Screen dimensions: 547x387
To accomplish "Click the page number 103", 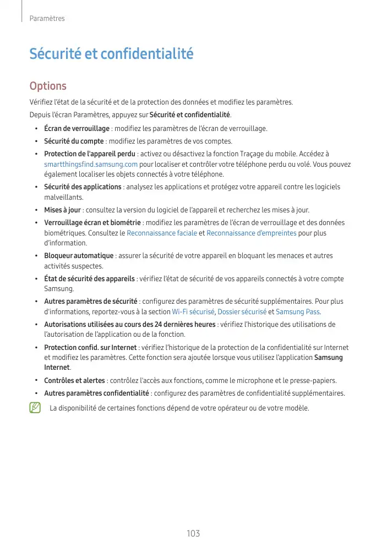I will tap(193, 534).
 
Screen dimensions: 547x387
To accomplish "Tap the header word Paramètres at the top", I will tap(47, 19).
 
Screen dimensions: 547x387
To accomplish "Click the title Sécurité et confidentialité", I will tap(111, 54).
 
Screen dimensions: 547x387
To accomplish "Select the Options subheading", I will tap(48, 86).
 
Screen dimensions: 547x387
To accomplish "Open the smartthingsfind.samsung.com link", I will tap(91, 165).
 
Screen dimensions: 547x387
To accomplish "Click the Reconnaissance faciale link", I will tap(162, 233).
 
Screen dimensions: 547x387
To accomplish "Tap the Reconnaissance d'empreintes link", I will tap(251, 233).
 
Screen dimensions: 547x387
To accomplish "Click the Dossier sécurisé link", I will tap(242, 312).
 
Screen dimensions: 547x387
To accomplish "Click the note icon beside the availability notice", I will tap(36, 408).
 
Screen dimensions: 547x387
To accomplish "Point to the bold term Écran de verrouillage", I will tap(77, 129).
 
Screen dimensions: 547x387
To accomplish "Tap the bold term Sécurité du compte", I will tap(74, 141).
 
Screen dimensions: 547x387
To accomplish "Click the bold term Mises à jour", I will tap(62, 210).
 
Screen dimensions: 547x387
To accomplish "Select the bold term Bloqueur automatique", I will tap(79, 256).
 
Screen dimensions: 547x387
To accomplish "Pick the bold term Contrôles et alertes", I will tap(74, 381).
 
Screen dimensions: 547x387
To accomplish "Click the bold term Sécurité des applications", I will tap(83, 187).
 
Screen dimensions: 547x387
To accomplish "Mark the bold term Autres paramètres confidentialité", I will tap(96, 393).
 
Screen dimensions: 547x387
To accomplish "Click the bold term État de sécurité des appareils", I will tap(89, 279).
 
